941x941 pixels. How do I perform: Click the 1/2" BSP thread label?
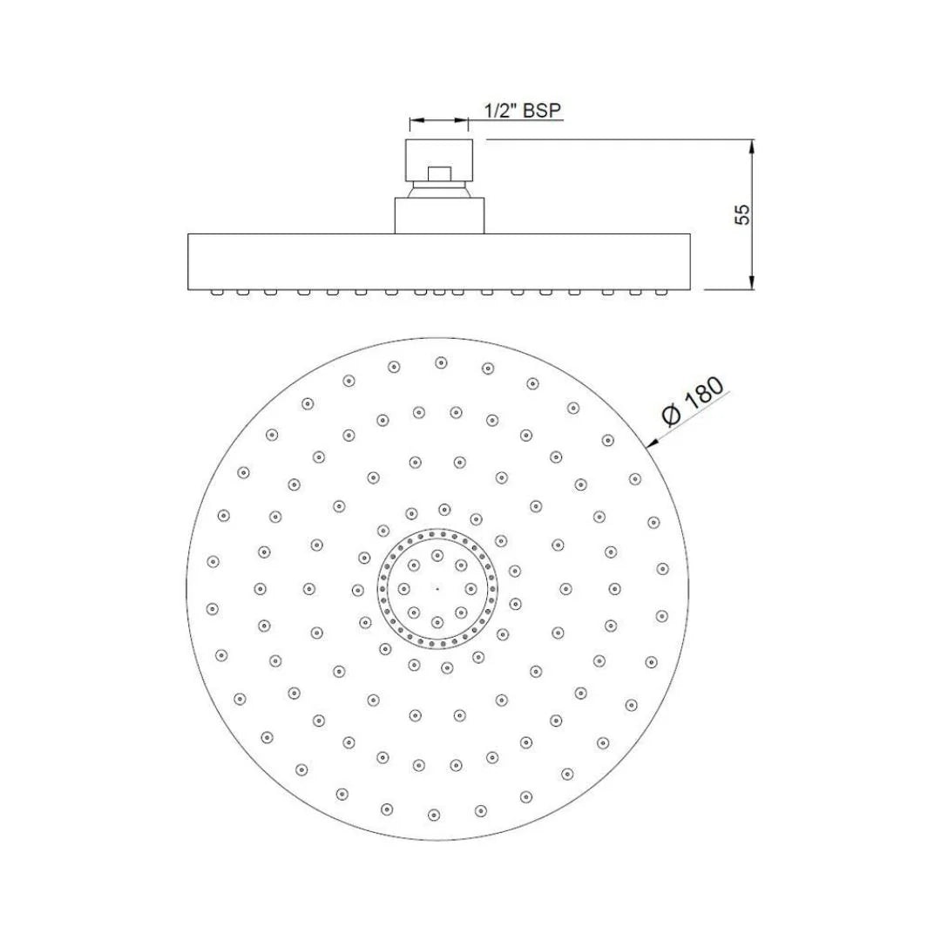(523, 111)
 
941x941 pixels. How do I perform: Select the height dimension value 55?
(741, 214)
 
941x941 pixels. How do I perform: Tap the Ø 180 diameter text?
(694, 403)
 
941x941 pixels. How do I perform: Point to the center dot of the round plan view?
(437, 588)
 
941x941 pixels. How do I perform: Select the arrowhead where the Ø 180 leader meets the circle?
(650, 443)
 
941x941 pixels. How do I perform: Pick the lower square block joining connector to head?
(439, 215)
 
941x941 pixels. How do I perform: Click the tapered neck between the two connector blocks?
(439, 191)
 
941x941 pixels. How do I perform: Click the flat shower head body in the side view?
(439, 261)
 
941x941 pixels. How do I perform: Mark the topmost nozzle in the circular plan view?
(441, 362)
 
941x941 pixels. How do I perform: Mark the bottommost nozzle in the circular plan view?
(434, 815)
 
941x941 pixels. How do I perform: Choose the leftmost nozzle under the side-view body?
(215, 293)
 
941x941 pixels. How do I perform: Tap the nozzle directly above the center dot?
(437, 554)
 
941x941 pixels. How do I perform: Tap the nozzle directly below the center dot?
(437, 621)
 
